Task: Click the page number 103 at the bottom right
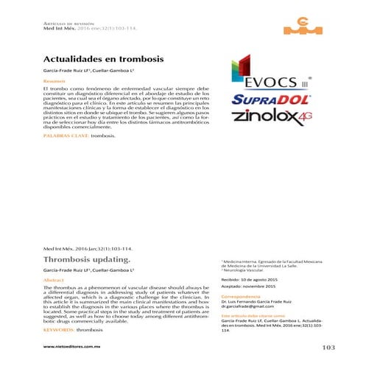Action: click(323, 347)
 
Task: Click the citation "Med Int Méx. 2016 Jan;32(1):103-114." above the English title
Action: click(88, 249)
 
